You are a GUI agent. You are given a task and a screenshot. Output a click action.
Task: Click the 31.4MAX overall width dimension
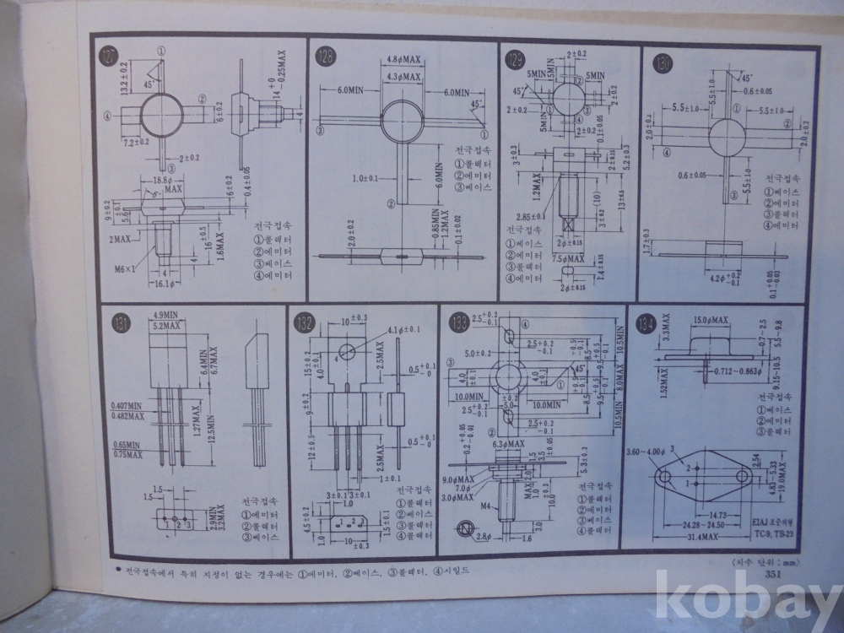(x=703, y=537)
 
